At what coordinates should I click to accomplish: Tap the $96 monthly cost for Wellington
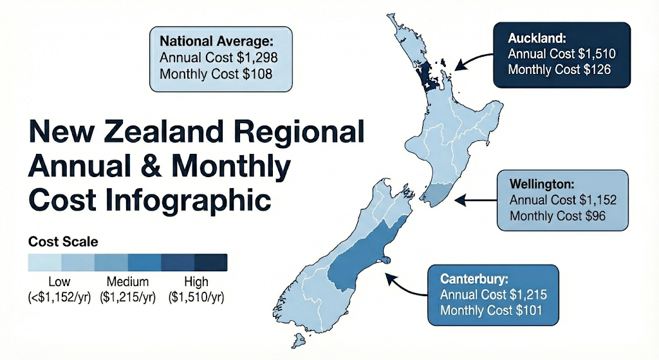pyautogui.click(x=593, y=215)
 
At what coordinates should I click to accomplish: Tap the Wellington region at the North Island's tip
pyautogui.click(x=438, y=193)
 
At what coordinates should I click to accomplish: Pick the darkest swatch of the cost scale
pyautogui.click(x=210, y=263)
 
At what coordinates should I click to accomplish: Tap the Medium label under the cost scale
pyautogui.click(x=129, y=282)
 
